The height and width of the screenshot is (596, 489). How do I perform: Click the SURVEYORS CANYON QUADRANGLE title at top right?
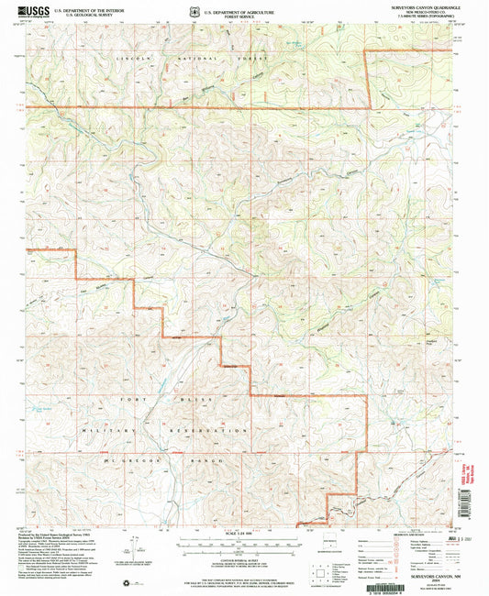coord(412,10)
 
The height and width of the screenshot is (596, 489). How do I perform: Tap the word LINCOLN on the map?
coord(134,57)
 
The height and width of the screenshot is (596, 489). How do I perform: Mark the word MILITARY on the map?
coord(102,430)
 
